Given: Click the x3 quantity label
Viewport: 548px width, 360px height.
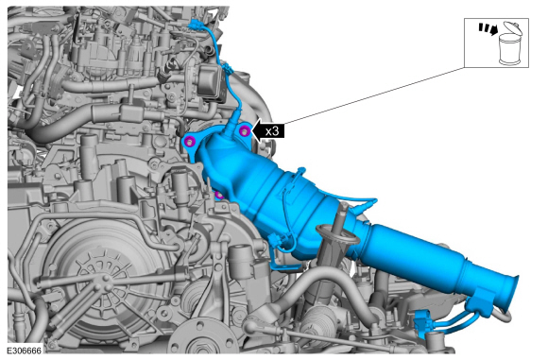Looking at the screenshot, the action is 272,131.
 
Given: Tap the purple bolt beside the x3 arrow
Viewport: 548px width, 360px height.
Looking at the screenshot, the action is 245,131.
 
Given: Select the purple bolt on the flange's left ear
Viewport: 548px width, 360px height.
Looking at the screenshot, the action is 189,142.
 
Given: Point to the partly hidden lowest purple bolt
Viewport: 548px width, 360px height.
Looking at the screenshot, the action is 219,195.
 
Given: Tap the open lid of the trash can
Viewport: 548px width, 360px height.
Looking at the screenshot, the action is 513,27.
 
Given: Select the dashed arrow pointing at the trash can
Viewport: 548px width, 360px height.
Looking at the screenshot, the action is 488,29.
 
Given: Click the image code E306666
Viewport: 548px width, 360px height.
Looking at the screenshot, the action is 25,351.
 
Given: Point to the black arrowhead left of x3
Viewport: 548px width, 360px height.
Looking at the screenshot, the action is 257,131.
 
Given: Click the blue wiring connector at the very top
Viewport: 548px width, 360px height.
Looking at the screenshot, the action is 195,26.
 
